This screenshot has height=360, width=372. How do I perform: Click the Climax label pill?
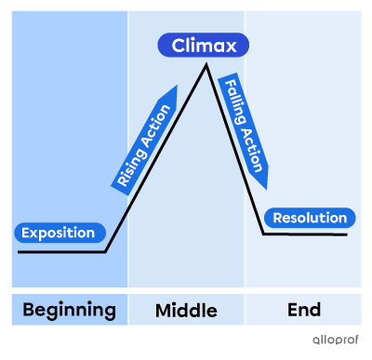tap(204, 45)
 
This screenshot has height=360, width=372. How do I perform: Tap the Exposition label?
tap(58, 233)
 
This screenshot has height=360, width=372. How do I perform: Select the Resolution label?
tap(310, 219)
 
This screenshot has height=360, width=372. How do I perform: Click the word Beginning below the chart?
tap(69, 310)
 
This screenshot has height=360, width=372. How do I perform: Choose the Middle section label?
tap(186, 310)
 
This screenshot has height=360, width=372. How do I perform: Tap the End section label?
tap(304, 310)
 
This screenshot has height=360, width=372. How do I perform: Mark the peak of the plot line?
tap(206, 65)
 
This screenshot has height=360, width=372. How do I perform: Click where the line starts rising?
tap(106, 251)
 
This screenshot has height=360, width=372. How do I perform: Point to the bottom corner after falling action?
tap(264, 233)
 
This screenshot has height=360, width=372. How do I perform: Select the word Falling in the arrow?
tap(232, 100)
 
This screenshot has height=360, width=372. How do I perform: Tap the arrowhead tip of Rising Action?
tap(175, 87)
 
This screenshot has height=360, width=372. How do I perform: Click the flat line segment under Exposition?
tap(60, 251)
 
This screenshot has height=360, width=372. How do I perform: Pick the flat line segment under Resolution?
tap(307, 234)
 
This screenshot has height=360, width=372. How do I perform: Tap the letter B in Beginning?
tap(29, 310)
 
